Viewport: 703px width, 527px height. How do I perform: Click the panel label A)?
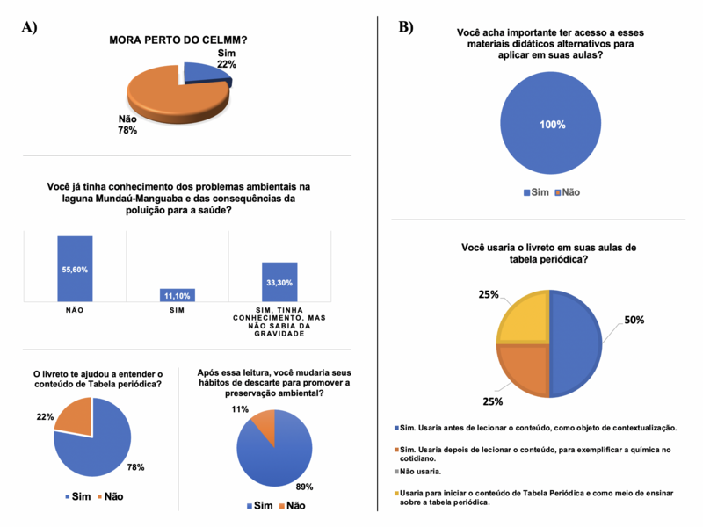pos(29,27)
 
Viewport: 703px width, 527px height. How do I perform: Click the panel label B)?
pos(406,27)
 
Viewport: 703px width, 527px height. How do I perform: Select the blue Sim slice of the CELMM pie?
pos(206,74)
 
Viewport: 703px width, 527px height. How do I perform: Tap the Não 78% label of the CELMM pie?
pos(127,125)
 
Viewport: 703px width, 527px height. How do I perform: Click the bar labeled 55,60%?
pos(75,269)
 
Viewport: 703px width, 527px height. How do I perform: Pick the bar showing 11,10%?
pos(178,295)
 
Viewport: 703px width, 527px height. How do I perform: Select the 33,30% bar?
pos(279,282)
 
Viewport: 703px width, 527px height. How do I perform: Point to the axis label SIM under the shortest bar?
pos(178,310)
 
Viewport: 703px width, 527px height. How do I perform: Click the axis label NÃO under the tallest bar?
pos(75,310)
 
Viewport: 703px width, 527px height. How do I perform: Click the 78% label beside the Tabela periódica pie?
pos(136,467)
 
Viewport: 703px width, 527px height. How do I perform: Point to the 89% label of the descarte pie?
pos(304,487)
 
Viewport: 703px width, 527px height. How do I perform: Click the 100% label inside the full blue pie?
pos(553,125)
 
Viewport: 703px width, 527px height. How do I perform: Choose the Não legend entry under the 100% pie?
pos(567,192)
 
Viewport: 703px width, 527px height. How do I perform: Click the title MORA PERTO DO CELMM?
pos(178,40)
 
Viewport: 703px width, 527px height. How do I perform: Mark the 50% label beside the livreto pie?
pos(634,320)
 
